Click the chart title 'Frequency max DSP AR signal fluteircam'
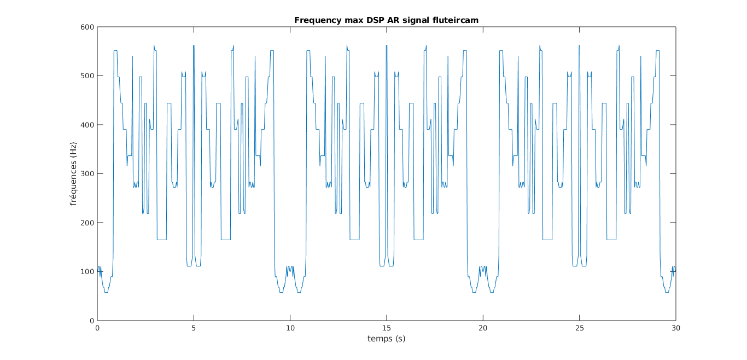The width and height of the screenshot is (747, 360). pyautogui.click(x=386, y=20)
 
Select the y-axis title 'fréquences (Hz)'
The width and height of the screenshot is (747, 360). pyautogui.click(x=73, y=174)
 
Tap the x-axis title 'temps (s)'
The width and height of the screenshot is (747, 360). pyautogui.click(x=386, y=339)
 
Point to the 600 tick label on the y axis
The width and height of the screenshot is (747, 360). pyautogui.click(x=87, y=27)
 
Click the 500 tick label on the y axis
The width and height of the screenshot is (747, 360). pyautogui.click(x=87, y=76)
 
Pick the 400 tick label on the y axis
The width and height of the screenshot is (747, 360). pyautogui.click(x=87, y=125)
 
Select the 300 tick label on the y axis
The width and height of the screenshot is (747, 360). pyautogui.click(x=87, y=174)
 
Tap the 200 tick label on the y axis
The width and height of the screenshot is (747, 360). pyautogui.click(x=87, y=223)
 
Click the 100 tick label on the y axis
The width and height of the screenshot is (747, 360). pyautogui.click(x=87, y=272)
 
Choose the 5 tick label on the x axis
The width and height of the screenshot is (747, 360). pyautogui.click(x=194, y=328)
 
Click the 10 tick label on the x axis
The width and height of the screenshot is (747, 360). pyautogui.click(x=290, y=328)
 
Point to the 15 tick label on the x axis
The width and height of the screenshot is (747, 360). pyautogui.click(x=387, y=328)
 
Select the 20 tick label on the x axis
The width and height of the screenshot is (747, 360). pyautogui.click(x=483, y=328)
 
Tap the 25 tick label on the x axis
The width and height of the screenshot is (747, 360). pyautogui.click(x=580, y=328)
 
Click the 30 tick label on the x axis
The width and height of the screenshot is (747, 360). pyautogui.click(x=676, y=328)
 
